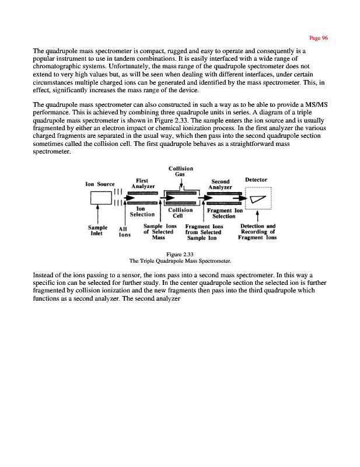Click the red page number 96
point(319,38)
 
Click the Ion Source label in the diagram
point(100,184)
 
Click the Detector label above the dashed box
point(257,180)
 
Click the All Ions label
point(124,232)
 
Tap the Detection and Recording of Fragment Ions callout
point(257,232)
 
